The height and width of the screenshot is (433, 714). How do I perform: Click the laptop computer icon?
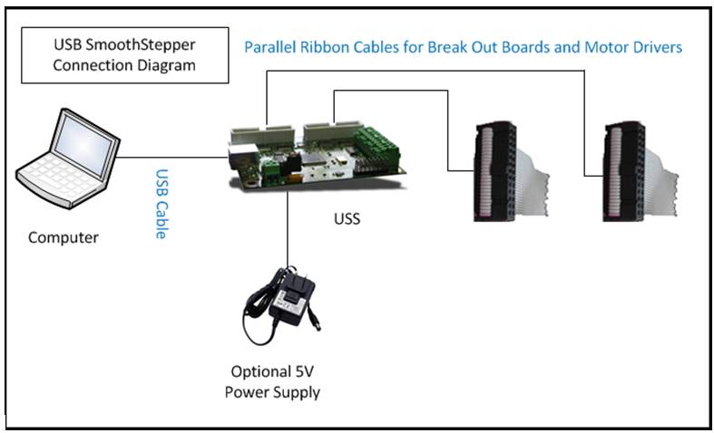click(x=67, y=159)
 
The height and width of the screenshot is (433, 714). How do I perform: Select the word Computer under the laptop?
click(x=64, y=237)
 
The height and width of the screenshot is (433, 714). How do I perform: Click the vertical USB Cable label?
click(x=161, y=204)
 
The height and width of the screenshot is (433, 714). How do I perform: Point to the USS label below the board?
click(x=347, y=219)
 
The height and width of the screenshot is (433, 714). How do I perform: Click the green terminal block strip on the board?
click(x=378, y=145)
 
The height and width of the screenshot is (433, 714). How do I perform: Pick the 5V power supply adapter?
click(x=281, y=305)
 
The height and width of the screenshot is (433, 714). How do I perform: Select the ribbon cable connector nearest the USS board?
click(x=511, y=171)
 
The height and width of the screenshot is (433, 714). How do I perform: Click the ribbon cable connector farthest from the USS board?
click(x=641, y=171)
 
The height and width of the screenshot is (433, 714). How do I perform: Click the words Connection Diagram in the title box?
click(x=124, y=65)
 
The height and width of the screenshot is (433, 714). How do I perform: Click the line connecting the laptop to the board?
click(x=173, y=158)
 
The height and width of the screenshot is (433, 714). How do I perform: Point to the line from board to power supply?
click(x=288, y=229)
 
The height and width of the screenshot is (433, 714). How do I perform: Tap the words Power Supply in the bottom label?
click(x=272, y=392)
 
